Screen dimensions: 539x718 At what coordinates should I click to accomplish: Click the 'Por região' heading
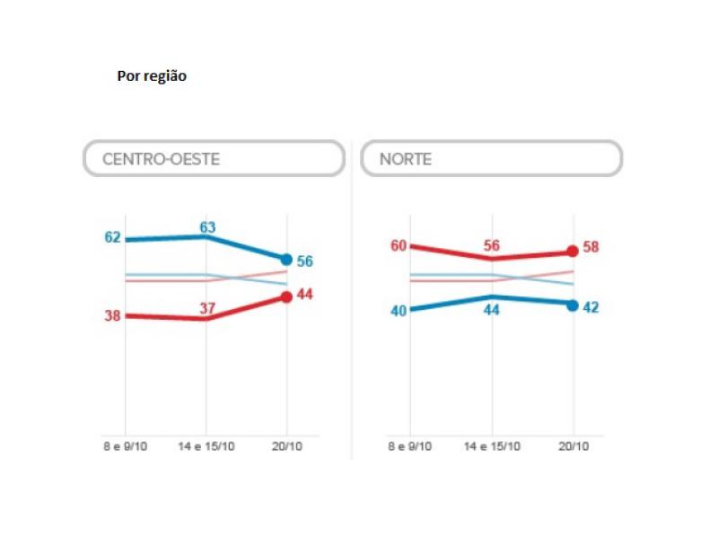coord(152,76)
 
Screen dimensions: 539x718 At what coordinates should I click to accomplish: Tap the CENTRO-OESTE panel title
coord(161,159)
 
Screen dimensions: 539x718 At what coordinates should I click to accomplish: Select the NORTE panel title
coord(406,159)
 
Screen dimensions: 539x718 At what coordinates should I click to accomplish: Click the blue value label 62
coord(112,238)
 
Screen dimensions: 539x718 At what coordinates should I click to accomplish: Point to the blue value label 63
coord(207,227)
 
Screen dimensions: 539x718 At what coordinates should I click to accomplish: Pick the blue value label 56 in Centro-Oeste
coord(304,261)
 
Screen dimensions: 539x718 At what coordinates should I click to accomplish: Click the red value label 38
coord(112,316)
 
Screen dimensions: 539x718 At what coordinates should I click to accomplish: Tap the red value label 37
coord(207,309)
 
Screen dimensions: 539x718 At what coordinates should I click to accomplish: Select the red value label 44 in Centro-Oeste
coord(304,295)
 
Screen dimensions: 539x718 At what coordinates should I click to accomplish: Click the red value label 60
coord(398,245)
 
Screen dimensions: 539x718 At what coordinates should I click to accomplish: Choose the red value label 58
coord(591,248)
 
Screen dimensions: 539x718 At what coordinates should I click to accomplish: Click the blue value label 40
coord(398,312)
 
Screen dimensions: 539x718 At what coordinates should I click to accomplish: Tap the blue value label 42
coord(591,307)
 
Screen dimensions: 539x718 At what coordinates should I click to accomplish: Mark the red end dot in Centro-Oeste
coord(286,297)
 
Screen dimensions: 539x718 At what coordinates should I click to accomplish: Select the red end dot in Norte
coord(574,252)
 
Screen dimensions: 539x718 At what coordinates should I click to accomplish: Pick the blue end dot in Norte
coord(574,305)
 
